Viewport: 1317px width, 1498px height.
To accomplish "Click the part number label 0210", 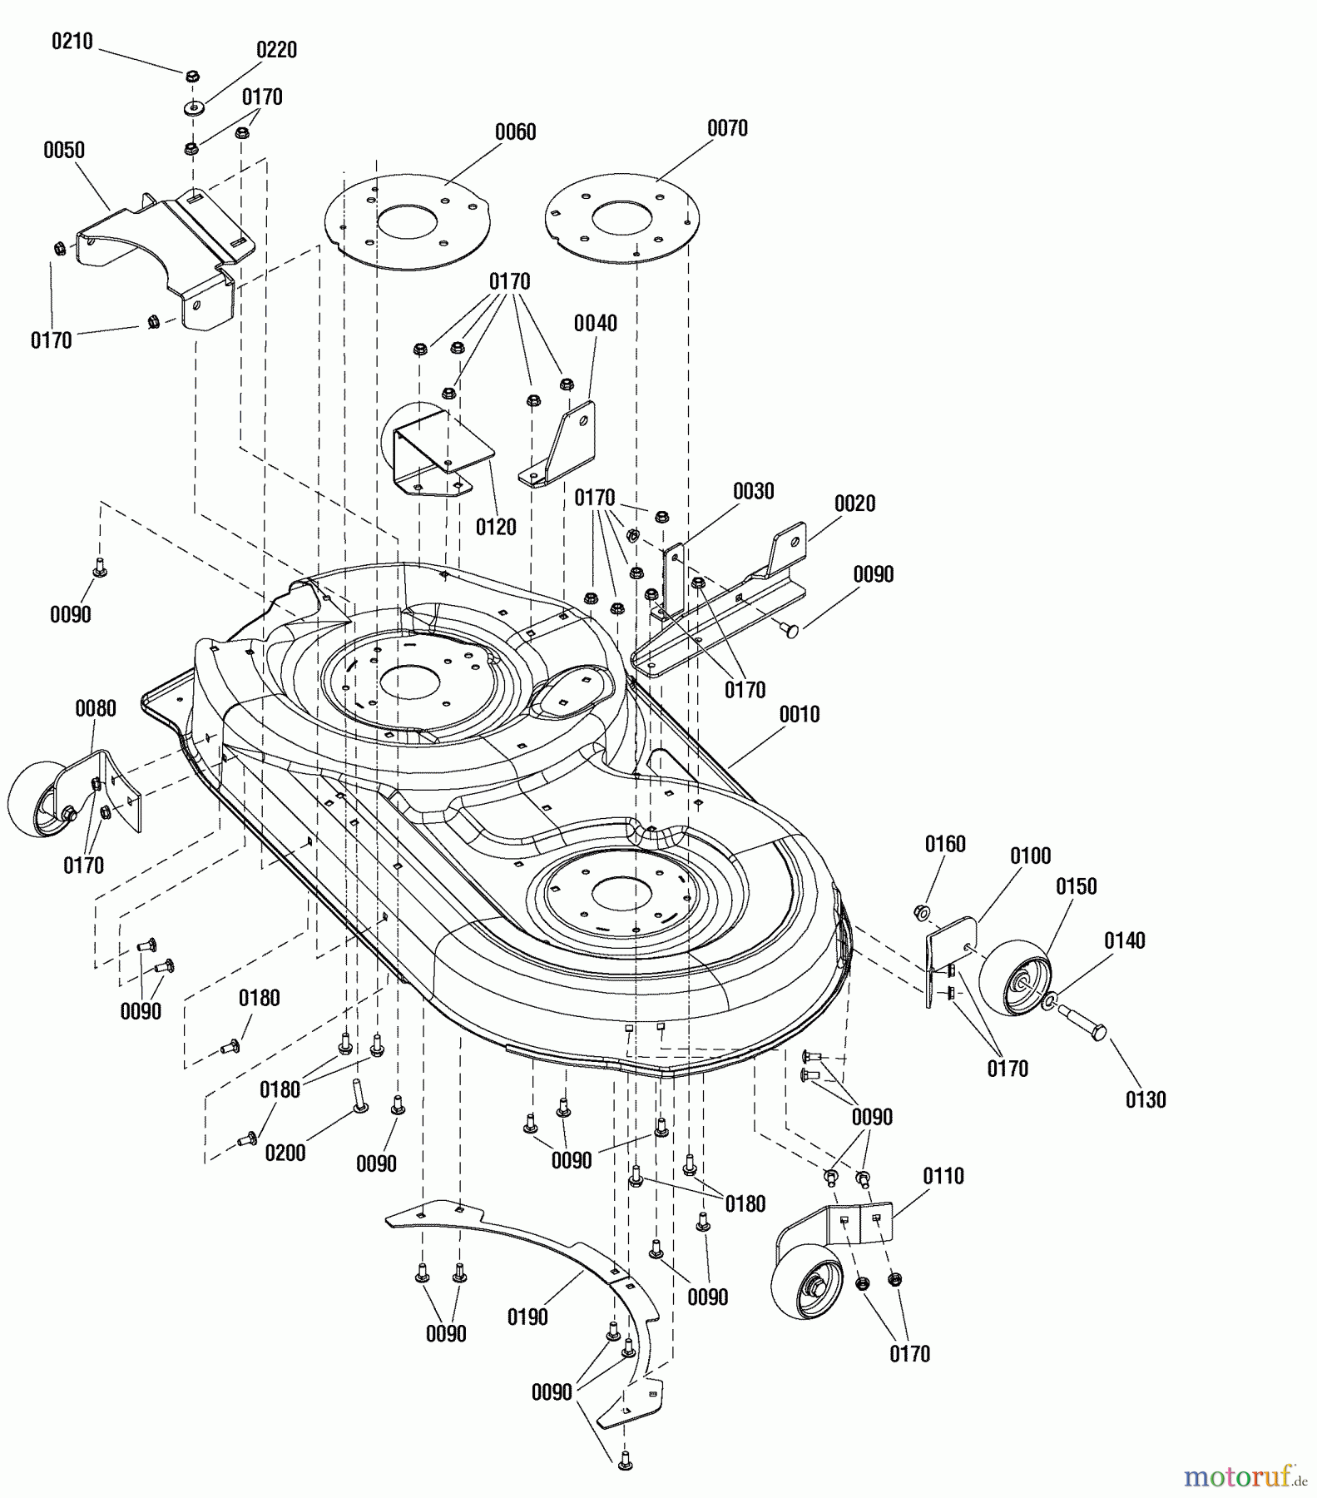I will pos(72,41).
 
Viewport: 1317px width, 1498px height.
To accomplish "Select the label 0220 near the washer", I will pos(276,50).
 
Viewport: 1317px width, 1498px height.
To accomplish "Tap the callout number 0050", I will pos(64,151).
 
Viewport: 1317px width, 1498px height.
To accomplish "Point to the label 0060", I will pos(515,132).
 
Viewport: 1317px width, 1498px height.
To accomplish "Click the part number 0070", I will pos(727,128).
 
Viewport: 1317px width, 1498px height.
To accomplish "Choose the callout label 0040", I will pos(596,323).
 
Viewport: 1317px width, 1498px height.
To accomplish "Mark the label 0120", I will pos(496,527).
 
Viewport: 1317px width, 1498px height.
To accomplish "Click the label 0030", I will pos(753,491).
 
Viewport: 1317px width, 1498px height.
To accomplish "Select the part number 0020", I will pos(854,503).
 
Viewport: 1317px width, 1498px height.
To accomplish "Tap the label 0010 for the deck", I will pos(799,714).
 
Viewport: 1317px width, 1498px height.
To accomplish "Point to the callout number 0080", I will pos(96,708).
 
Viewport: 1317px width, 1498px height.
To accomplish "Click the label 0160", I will pos(945,844).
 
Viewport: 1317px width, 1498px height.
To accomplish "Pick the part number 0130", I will pos(1146,1099).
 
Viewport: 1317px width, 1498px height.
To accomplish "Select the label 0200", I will pos(285,1153).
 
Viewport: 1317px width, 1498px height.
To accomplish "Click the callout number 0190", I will pos(527,1317).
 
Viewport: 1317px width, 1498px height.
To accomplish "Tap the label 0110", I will pos(943,1176).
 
